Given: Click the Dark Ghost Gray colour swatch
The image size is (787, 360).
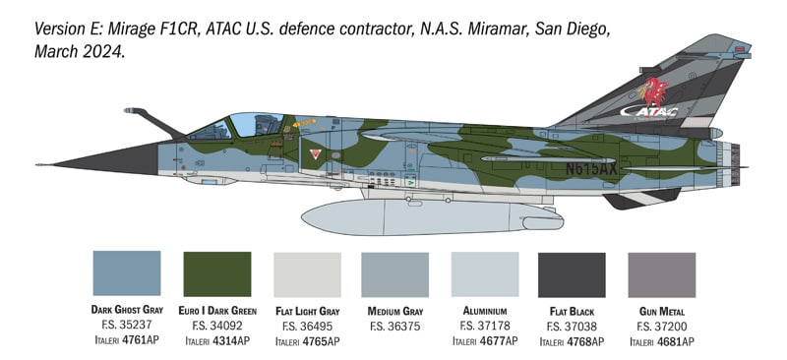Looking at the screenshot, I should pyautogui.click(x=126, y=273).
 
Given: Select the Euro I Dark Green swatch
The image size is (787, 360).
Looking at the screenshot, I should pyautogui.click(x=217, y=273).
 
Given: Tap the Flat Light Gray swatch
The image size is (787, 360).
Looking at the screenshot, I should pyautogui.click(x=306, y=273).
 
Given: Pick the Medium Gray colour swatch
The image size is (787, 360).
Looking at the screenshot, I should pyautogui.click(x=394, y=273).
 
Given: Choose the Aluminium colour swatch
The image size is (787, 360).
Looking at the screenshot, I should pyautogui.click(x=484, y=273).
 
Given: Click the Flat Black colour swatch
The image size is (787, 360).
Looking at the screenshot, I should pyautogui.click(x=573, y=273).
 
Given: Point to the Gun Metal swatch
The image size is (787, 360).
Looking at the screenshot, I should pyautogui.click(x=661, y=273).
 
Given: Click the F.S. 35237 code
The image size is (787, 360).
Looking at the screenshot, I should pyautogui.click(x=126, y=326).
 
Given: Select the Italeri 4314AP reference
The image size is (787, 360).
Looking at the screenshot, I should pyautogui.click(x=217, y=341).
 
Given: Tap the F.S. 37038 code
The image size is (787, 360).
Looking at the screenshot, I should pyautogui.click(x=573, y=326).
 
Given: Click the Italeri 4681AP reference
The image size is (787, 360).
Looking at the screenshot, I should pyautogui.click(x=661, y=341).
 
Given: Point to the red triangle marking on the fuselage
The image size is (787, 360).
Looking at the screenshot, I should pyautogui.click(x=314, y=154).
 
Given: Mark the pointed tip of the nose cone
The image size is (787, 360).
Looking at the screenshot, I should pyautogui.click(x=39, y=164).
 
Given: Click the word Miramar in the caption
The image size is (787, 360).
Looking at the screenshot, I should pyautogui.click(x=493, y=30).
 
